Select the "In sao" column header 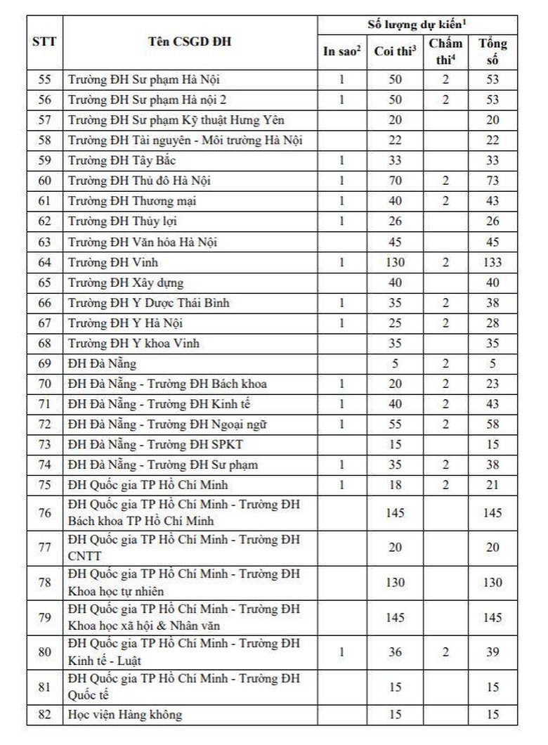coord(341,51)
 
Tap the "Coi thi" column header coord(395,51)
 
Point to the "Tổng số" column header coord(492,51)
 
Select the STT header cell coord(45,42)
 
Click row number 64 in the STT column coord(45,263)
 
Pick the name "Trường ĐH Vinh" coord(113,263)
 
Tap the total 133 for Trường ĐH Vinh coord(492,263)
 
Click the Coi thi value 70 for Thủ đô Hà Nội coord(395,181)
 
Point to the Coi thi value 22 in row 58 coord(395,141)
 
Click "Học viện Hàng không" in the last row coord(125,715)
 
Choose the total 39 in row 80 coord(492,652)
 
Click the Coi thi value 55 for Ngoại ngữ coord(395,425)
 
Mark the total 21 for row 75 coord(492,486)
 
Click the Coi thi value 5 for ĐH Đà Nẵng coord(395,364)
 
